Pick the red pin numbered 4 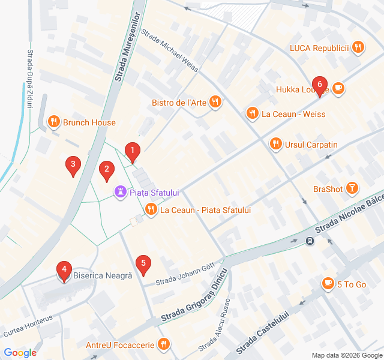pyautogui.click(x=63, y=271)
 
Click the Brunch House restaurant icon pyautogui.click(x=54, y=122)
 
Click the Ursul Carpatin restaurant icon pyautogui.click(x=275, y=145)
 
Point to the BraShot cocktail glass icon pyautogui.click(x=352, y=189)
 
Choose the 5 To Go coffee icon pyautogui.click(x=328, y=284)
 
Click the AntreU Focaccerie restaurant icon pyautogui.click(x=163, y=344)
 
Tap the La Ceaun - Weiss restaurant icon pyautogui.click(x=251, y=113)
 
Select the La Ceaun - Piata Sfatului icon pyautogui.click(x=150, y=209)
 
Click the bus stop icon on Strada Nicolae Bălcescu pyautogui.click(x=310, y=241)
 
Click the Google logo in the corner pyautogui.click(x=20, y=353)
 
